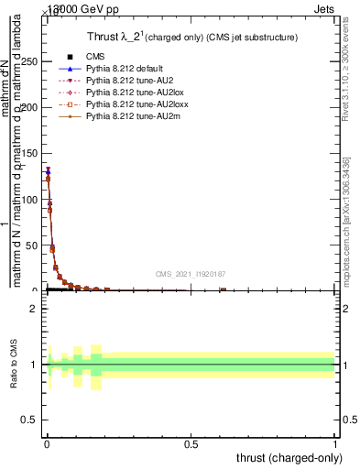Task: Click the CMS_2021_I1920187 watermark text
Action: click(x=190, y=274)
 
